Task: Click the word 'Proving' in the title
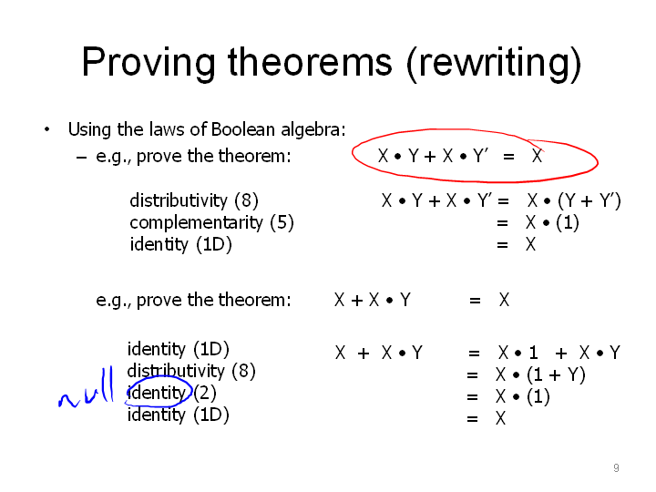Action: coord(149,62)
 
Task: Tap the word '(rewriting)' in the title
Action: coord(495,63)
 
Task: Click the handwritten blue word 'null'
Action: coord(86,387)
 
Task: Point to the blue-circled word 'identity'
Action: coord(157,393)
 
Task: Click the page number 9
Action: coord(616,467)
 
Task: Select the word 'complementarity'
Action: coord(196,223)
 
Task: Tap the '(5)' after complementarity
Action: coord(282,222)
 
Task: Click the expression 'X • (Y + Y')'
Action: coord(574,200)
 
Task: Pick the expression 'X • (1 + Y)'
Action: coord(540,374)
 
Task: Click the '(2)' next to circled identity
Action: coord(205,393)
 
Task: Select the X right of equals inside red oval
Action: coord(538,156)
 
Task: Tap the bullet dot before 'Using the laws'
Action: coord(46,129)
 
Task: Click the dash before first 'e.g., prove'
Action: coord(82,158)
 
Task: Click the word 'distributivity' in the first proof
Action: coord(179,200)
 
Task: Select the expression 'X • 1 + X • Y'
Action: coord(559,353)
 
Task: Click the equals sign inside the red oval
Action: coord(508,157)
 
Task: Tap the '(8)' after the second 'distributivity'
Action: coord(243,371)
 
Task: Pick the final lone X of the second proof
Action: coord(500,418)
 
